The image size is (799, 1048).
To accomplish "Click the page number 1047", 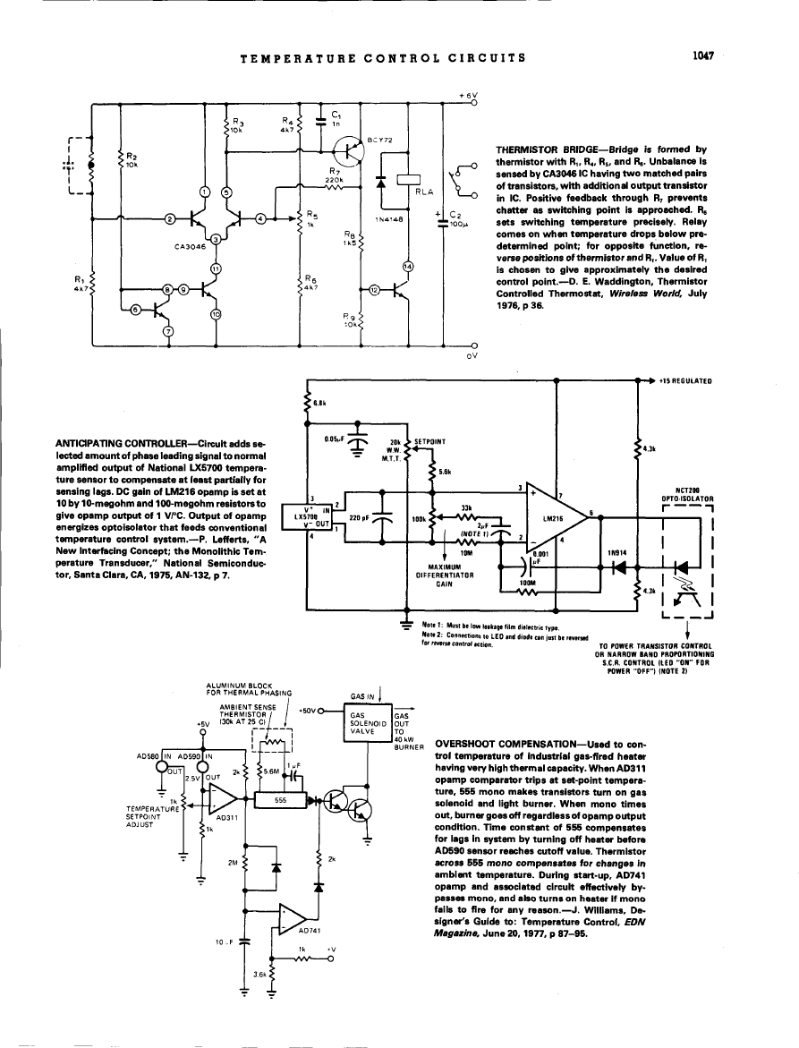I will click(700, 56).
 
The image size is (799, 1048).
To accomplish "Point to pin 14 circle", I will click(408, 266).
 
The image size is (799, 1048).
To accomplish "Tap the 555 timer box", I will click(279, 800).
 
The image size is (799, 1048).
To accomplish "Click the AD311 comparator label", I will click(227, 816).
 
